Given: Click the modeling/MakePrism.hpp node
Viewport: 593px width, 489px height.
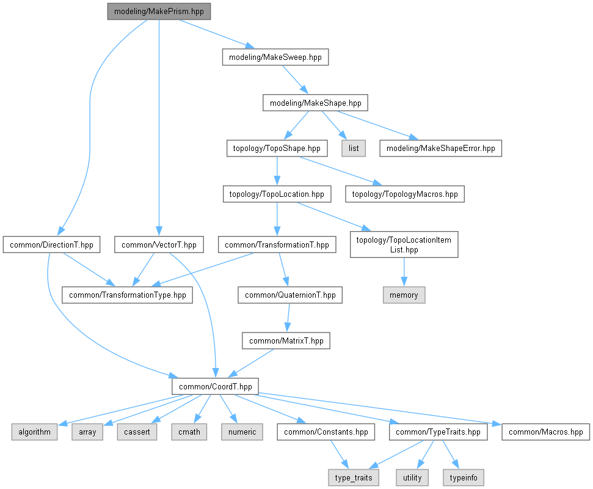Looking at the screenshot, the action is [x=159, y=12].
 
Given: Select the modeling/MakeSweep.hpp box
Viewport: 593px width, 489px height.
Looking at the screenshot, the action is [x=275, y=57].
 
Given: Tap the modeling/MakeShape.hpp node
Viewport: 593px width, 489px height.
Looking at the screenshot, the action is [x=315, y=103].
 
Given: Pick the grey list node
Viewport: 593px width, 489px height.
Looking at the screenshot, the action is [x=354, y=149].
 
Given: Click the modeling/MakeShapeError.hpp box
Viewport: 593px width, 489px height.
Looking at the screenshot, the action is [x=440, y=149].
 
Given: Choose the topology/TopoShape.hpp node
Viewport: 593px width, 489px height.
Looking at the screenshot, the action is [x=277, y=149].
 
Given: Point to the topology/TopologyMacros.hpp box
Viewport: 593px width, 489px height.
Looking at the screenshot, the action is [x=405, y=194].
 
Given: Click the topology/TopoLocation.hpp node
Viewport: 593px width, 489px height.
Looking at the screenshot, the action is [x=277, y=194].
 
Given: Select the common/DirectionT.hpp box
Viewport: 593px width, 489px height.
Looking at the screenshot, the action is [x=51, y=245].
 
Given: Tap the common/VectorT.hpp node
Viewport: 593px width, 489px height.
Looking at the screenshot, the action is [x=159, y=245].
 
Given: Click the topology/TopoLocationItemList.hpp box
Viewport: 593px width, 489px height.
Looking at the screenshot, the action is [x=404, y=245].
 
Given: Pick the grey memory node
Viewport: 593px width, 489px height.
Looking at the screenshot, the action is [x=404, y=295].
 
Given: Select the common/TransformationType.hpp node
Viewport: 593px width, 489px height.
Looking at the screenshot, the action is [x=128, y=295].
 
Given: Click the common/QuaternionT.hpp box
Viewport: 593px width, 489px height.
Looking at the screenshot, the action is [x=290, y=295].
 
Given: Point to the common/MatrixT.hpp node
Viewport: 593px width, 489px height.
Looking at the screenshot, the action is [x=286, y=340].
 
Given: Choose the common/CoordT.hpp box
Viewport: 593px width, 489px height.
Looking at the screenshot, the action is [x=215, y=386].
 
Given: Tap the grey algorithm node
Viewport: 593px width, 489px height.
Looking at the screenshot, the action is [x=34, y=432].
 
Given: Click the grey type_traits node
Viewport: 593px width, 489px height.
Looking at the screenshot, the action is [x=354, y=477].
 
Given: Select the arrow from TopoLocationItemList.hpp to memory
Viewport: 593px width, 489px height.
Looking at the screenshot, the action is [x=404, y=272].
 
